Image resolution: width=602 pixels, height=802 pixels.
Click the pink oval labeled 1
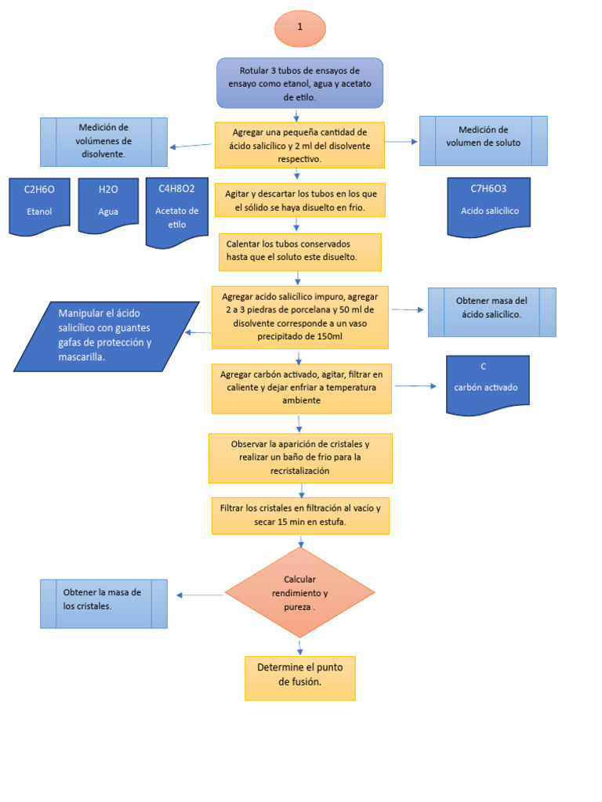299,28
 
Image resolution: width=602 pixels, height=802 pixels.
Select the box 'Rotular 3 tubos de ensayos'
299,82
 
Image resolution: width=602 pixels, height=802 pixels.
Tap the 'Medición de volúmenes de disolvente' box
103,142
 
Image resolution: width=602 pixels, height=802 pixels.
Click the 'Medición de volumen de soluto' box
483,141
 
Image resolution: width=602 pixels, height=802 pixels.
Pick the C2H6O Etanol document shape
38,205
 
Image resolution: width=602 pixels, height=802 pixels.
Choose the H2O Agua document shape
108,205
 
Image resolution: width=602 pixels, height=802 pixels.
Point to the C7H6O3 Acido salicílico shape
488,205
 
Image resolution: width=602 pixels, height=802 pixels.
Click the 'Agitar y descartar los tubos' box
299,200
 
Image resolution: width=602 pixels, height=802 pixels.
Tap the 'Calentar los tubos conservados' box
299,251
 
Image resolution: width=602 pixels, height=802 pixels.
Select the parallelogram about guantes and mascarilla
106,335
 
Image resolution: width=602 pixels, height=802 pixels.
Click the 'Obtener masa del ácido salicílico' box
491,312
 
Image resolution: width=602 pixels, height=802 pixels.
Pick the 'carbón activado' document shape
487,384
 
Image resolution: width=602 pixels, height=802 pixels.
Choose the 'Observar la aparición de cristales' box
300,457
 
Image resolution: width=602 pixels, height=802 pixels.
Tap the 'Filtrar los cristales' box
300,515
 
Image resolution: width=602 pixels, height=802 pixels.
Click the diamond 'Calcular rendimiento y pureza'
299,593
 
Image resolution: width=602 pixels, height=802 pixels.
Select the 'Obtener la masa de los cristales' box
103,603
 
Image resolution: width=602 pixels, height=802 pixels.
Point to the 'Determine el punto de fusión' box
299,677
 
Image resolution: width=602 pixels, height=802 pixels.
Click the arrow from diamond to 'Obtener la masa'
201,595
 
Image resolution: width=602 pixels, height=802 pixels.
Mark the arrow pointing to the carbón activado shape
415,386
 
